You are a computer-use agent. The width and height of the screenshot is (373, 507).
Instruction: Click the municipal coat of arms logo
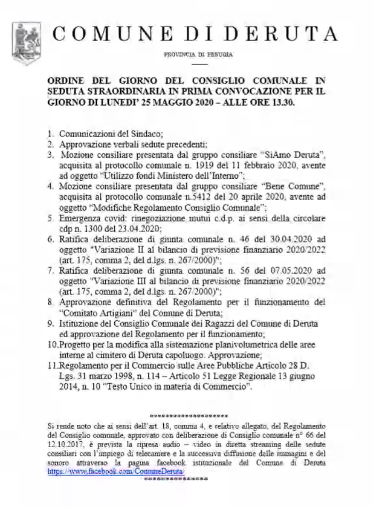click(23, 36)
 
